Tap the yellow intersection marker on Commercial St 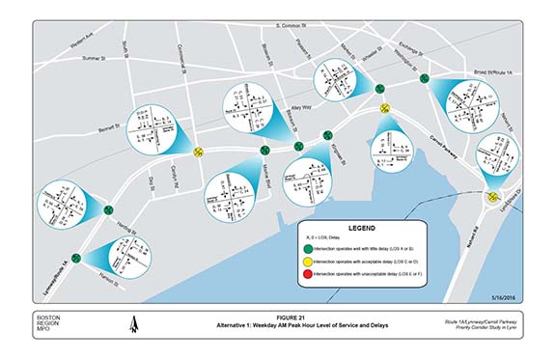click(x=198, y=151)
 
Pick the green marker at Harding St click(x=106, y=209)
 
